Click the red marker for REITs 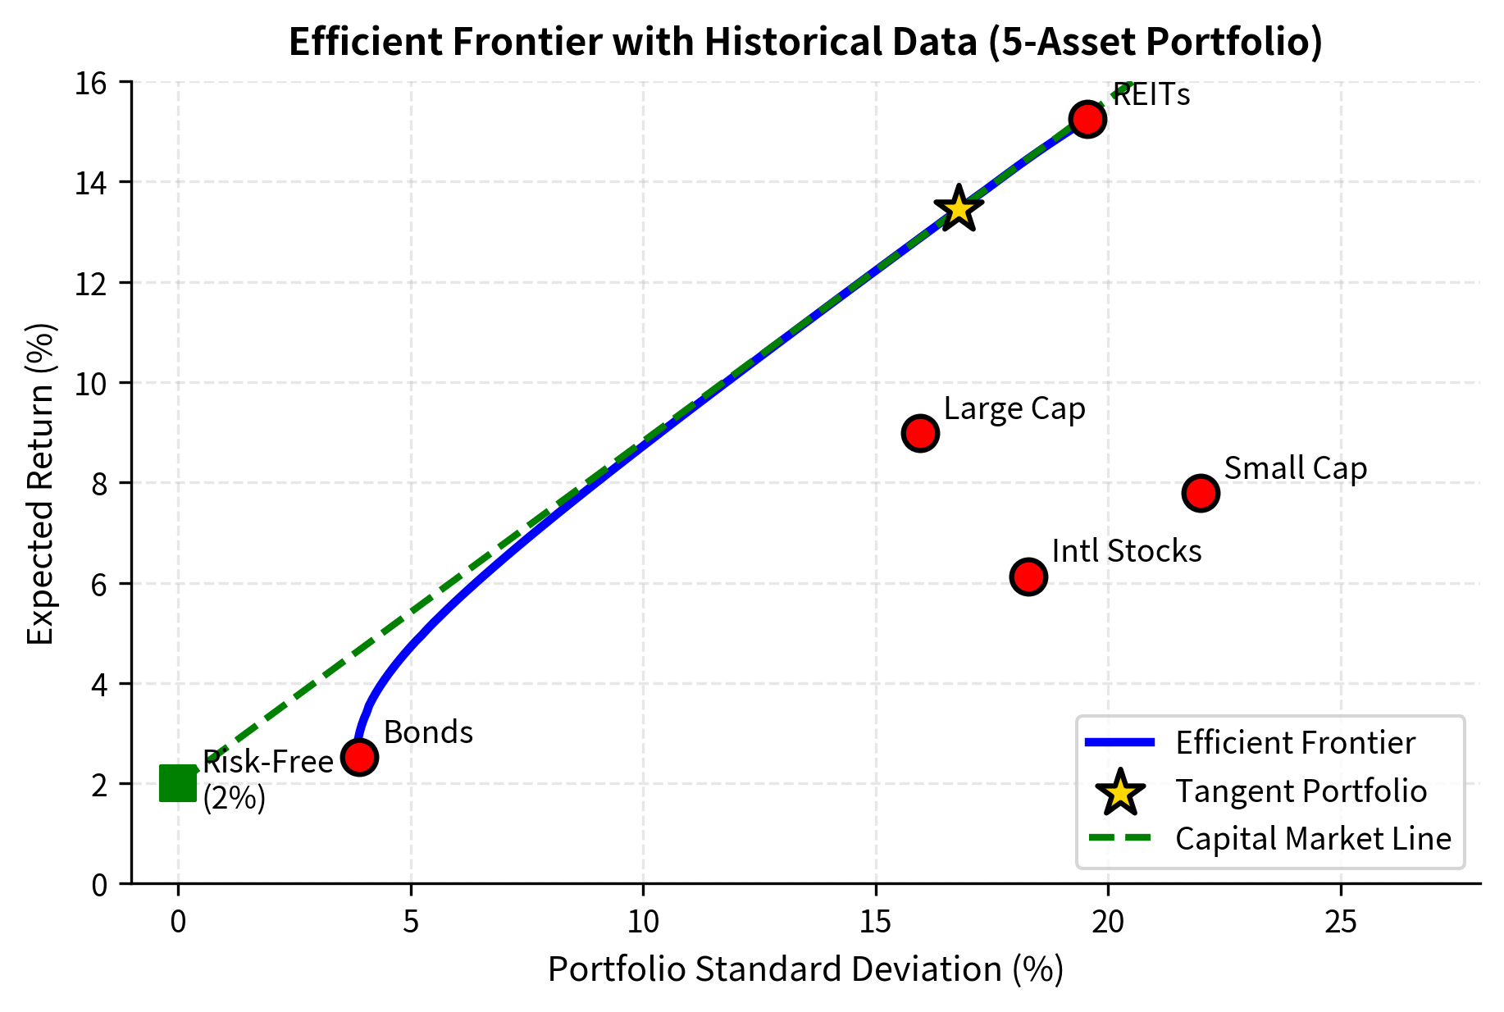(x=1087, y=120)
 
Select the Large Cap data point (x=920, y=433)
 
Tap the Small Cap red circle (x=1201, y=493)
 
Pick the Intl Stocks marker (x=1028, y=577)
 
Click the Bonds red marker (x=359, y=757)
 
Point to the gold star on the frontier (x=959, y=209)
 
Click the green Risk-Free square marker (x=178, y=783)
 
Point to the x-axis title (x=805, y=969)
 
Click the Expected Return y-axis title (x=41, y=484)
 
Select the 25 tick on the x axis (x=1341, y=923)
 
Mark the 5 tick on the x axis (x=411, y=923)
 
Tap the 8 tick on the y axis (x=99, y=484)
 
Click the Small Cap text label (x=1296, y=468)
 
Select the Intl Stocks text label (x=1127, y=551)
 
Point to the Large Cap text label (x=1014, y=408)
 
